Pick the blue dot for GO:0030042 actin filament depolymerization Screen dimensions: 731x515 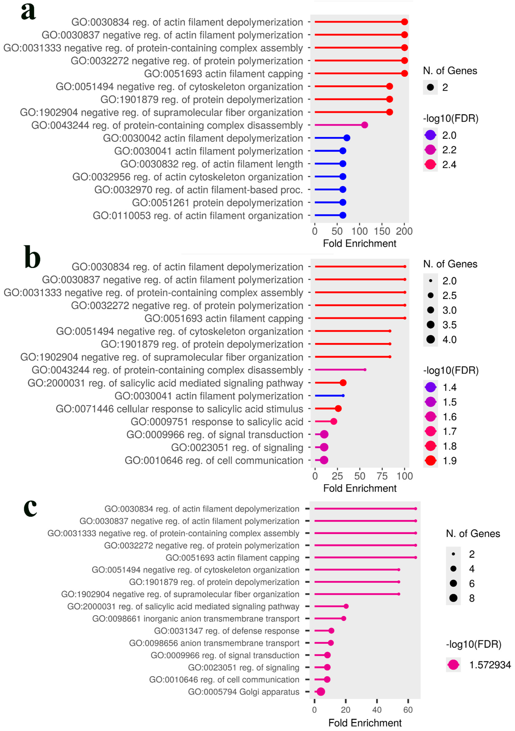click(x=347, y=138)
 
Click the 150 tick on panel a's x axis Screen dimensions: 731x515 click(x=382, y=231)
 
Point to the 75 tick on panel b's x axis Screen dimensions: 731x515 click(x=382, y=476)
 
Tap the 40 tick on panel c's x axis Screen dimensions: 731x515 click(x=377, y=710)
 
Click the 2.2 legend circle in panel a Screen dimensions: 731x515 click(x=430, y=150)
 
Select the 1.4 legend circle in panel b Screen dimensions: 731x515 click(x=430, y=387)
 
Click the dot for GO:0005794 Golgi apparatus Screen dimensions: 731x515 click(x=321, y=692)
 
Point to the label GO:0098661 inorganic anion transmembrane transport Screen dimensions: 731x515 click(x=196, y=619)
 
